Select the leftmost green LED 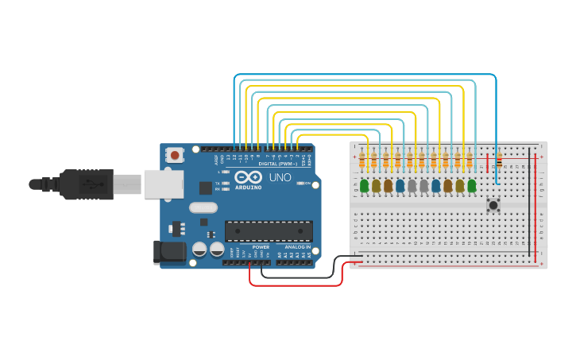click(x=364, y=186)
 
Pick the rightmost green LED click(x=472, y=186)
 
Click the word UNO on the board click(x=280, y=177)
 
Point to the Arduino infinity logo click(x=247, y=177)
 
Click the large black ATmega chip click(x=268, y=230)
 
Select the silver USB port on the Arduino click(x=162, y=184)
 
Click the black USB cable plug click(x=87, y=184)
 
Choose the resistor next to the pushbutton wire click(x=499, y=161)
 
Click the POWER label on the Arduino click(x=261, y=247)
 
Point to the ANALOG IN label click(x=298, y=247)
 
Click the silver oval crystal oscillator click(x=203, y=207)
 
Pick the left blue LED click(x=400, y=186)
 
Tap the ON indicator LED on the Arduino click(x=300, y=184)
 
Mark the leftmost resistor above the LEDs click(x=363, y=161)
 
